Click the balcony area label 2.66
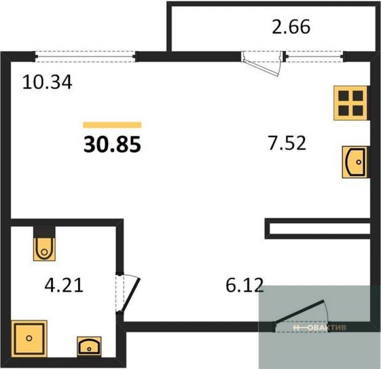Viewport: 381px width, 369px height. (x=291, y=27)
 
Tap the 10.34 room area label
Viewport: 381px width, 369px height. (x=47, y=82)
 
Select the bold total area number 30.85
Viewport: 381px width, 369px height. (x=112, y=144)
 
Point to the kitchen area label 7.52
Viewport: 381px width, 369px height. (x=287, y=143)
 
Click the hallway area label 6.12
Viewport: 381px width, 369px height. (x=245, y=285)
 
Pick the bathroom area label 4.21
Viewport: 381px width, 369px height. (x=64, y=285)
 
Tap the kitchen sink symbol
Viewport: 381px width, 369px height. (x=356, y=162)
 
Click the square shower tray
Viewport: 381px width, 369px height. (x=29, y=338)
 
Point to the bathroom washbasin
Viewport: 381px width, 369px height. (x=89, y=347)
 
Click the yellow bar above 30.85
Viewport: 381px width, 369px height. (x=112, y=125)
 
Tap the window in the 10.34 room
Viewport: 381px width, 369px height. (x=85, y=56)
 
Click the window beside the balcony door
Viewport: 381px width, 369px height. (x=315, y=56)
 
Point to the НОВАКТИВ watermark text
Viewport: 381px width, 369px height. (x=320, y=328)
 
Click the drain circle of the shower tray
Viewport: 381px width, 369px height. (x=29, y=338)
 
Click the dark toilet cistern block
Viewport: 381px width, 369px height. (x=44, y=232)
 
